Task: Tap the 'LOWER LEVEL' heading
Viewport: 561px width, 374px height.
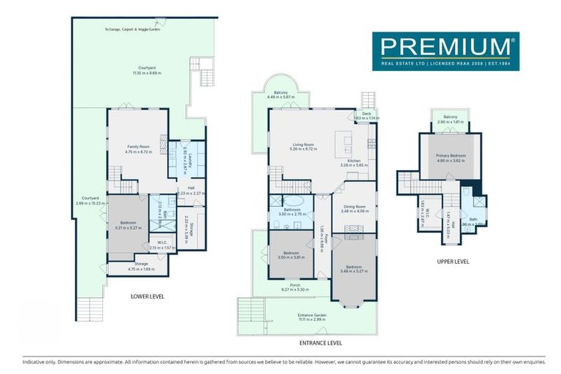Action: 147,297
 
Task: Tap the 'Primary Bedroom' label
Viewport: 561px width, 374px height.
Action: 451,156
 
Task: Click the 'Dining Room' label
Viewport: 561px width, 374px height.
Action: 354,207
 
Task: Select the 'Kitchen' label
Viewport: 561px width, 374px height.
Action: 354,161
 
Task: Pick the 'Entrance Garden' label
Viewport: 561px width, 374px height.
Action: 311,315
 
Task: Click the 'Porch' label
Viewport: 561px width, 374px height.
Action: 295,285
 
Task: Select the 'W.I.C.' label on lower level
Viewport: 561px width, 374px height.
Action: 162,243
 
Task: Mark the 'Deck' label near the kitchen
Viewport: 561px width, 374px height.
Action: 367,113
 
